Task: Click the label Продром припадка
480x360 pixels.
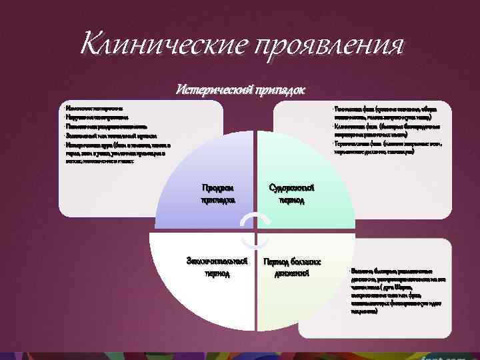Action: (x=217, y=193)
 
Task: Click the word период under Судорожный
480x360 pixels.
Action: (x=291, y=199)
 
